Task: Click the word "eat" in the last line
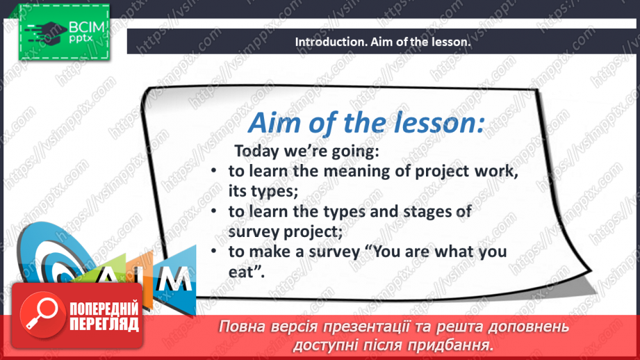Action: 241,272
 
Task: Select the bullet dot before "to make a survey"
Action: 213,251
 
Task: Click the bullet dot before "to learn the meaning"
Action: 213,170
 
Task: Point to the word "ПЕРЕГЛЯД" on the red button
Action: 104,324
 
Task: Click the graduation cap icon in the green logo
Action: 46,33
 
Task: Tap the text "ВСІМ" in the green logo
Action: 87,27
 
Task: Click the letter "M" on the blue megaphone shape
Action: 174,279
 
